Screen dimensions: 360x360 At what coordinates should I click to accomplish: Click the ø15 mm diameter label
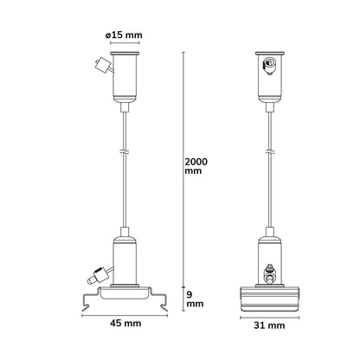pos(124,35)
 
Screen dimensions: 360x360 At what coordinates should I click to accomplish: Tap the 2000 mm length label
pos(196,166)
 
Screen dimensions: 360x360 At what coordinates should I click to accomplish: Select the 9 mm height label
pos(195,299)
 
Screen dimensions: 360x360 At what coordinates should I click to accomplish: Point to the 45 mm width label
pos(125,323)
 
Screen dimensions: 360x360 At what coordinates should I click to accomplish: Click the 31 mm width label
pos(269,325)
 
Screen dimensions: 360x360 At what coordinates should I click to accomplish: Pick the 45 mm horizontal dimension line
pos(125,316)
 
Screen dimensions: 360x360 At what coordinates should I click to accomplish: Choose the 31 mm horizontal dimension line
pos(270,318)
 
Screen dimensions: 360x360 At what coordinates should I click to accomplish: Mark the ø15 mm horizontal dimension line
pos(125,43)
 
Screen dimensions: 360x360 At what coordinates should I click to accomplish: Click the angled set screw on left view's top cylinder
pos(103,66)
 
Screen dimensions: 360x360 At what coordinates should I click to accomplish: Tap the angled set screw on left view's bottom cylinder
pos(100,275)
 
